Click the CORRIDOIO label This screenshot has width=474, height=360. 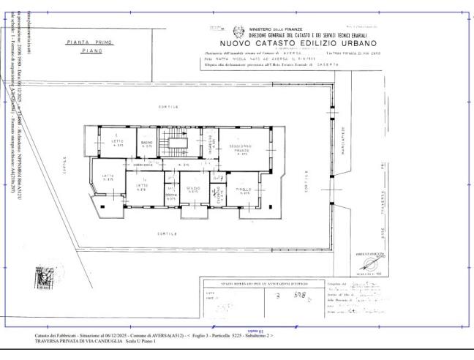click(142, 165)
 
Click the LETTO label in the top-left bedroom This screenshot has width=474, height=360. click(117, 142)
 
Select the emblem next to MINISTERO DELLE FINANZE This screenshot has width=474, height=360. click(238, 31)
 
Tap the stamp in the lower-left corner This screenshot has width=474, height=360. click(45, 279)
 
